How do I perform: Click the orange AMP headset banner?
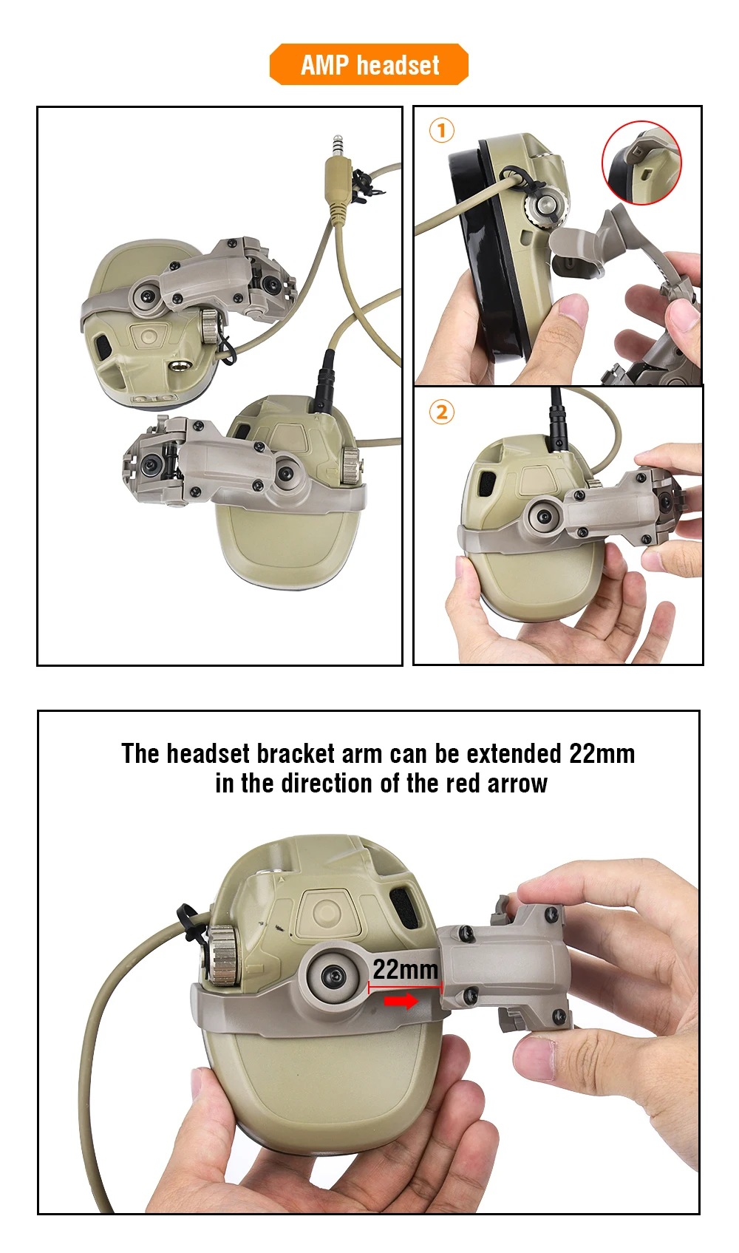coord(369,64)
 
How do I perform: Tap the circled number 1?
coord(442,130)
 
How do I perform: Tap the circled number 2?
coord(442,412)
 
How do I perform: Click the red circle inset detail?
coord(641,162)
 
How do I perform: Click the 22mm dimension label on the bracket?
coord(405,969)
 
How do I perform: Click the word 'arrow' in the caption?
coord(517,784)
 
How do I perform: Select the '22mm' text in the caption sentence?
coord(602,753)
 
